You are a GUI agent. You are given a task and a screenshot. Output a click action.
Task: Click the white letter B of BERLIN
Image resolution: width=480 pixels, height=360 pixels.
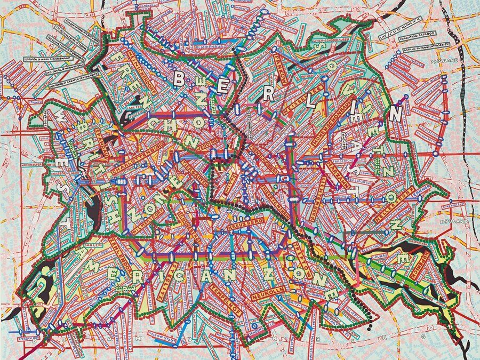pyautogui.click(x=180, y=79)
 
